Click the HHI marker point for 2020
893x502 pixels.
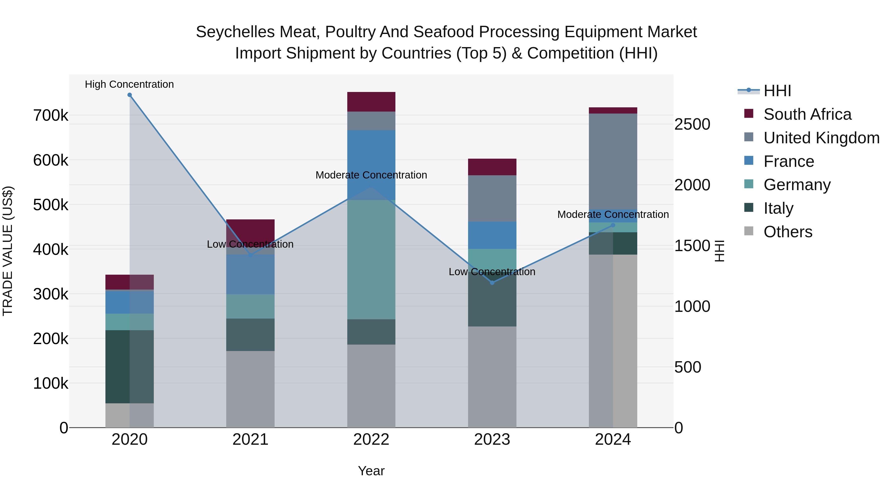130,95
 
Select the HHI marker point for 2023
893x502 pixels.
492,283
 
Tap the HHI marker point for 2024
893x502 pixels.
613,225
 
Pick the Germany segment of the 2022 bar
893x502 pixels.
371,260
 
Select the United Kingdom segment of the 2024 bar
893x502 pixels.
613,161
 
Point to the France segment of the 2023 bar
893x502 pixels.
492,235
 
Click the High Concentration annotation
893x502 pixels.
129,84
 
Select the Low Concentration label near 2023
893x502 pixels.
492,272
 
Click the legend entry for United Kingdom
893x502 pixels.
821,138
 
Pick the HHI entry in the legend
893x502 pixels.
777,91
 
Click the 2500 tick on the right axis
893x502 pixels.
692,124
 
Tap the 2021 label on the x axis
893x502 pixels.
250,440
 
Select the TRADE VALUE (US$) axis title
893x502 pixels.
8,251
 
